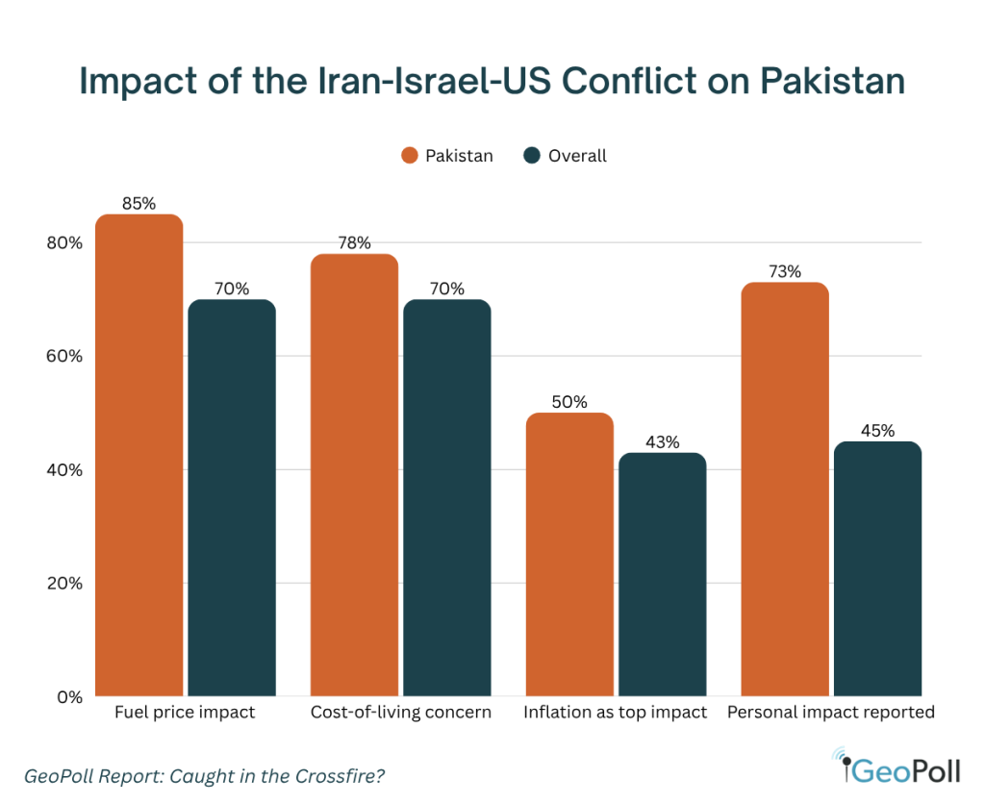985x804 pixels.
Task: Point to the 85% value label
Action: pyautogui.click(x=139, y=204)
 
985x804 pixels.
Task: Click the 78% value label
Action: pyautogui.click(x=354, y=243)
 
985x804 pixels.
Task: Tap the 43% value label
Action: pyautogui.click(x=663, y=442)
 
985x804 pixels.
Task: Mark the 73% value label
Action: pyautogui.click(x=785, y=272)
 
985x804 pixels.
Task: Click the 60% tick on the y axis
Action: pyautogui.click(x=64, y=357)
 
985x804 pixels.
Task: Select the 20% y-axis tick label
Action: pyautogui.click(x=64, y=584)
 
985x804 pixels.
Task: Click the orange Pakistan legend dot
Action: pyautogui.click(x=410, y=156)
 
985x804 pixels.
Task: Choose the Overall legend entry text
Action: pyautogui.click(x=577, y=156)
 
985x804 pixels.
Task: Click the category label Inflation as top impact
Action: pyautogui.click(x=616, y=714)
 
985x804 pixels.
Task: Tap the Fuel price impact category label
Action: pyautogui.click(x=185, y=714)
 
